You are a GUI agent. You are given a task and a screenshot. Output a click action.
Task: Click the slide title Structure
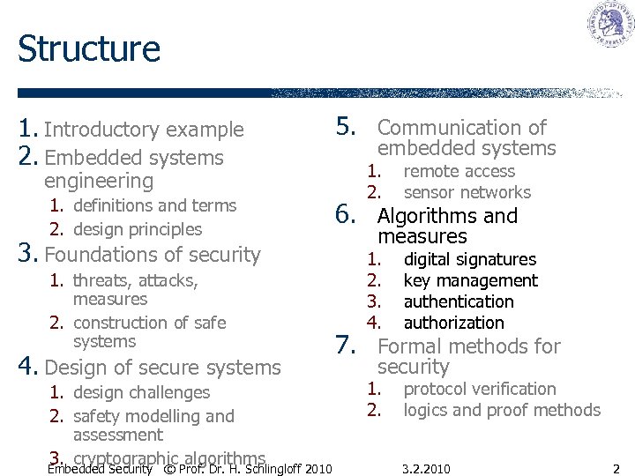pyautogui.click(x=88, y=48)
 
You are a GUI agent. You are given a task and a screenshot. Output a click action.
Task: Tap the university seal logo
pyautogui.click(x=611, y=25)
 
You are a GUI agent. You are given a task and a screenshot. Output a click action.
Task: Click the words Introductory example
pyautogui.click(x=144, y=130)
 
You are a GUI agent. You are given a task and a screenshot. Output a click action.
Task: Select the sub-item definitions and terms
pyautogui.click(x=154, y=205)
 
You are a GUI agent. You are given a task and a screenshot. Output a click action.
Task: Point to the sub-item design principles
pyautogui.click(x=138, y=229)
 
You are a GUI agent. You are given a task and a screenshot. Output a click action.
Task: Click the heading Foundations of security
pyautogui.click(x=153, y=255)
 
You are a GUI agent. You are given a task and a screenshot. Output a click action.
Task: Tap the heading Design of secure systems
pyautogui.click(x=162, y=367)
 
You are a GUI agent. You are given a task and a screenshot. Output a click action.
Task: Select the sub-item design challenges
pyautogui.click(x=141, y=392)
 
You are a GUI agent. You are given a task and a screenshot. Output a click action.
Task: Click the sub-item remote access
pyautogui.click(x=459, y=171)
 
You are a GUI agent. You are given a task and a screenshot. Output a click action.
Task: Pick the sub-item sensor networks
pyautogui.click(x=467, y=192)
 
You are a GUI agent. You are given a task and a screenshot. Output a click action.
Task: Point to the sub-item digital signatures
pyautogui.click(x=469, y=259)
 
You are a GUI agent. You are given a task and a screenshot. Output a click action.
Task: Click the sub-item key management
pyautogui.click(x=470, y=280)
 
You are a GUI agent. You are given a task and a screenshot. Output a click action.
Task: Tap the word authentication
pyautogui.click(x=458, y=301)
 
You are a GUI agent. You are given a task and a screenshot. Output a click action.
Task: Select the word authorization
pyautogui.click(x=453, y=323)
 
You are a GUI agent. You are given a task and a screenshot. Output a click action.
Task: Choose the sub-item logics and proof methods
pyautogui.click(x=501, y=410)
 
